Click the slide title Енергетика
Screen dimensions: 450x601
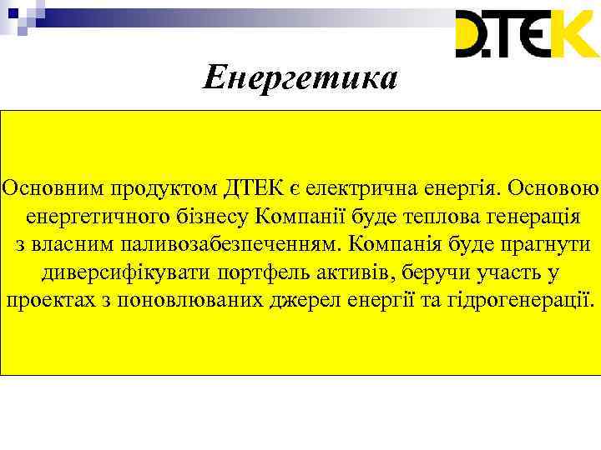300,78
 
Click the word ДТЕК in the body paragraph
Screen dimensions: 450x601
253,187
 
